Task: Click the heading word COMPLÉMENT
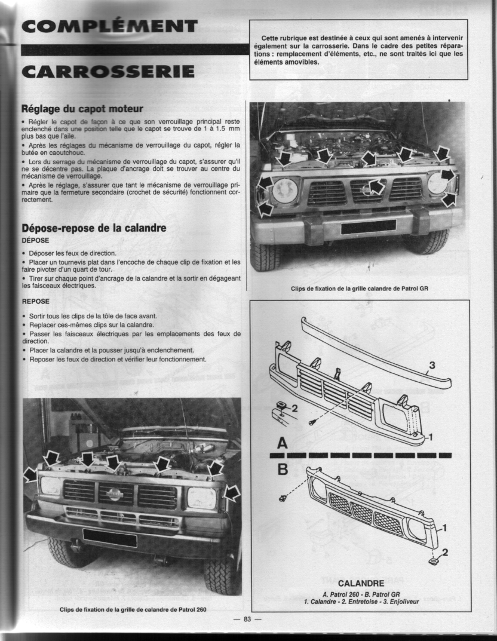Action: (109, 26)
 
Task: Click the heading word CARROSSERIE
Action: (108, 71)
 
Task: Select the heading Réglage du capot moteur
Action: (82, 109)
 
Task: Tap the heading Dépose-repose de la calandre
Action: (94, 228)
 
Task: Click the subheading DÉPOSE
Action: (35, 241)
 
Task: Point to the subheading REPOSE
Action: (35, 302)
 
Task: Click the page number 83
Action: (247, 619)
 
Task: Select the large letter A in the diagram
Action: (282, 443)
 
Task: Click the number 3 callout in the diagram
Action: (432, 365)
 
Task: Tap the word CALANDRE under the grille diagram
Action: (361, 583)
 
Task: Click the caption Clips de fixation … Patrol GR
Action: (359, 289)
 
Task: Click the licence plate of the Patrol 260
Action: (109, 538)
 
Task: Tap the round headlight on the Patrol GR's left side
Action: (285, 191)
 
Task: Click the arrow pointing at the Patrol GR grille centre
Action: (375, 187)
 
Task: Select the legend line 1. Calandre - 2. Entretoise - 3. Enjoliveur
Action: (361, 602)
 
